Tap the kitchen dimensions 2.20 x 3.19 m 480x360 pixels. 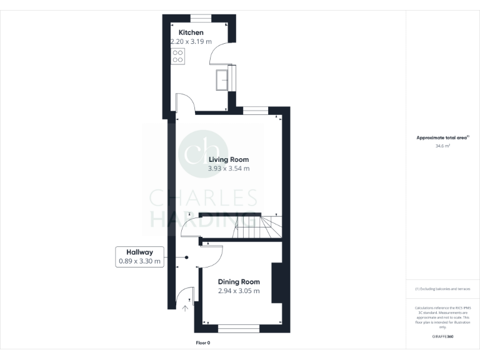click(191, 42)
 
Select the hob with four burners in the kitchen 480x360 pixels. click(177, 56)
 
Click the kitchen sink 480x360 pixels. click(222, 79)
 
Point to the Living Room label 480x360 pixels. click(229, 160)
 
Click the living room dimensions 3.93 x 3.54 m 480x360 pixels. click(229, 169)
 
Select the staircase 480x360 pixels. click(256, 227)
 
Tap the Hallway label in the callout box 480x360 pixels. click(140, 252)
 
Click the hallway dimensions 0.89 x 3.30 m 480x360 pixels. click(140, 261)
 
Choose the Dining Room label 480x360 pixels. click(239, 282)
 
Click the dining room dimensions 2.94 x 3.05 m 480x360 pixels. click(239, 291)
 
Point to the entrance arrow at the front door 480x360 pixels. click(186, 307)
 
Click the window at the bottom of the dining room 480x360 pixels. click(238, 328)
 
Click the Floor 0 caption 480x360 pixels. click(203, 343)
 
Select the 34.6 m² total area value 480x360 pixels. click(442, 146)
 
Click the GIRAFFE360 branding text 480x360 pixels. click(442, 337)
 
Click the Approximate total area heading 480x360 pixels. click(442, 137)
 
